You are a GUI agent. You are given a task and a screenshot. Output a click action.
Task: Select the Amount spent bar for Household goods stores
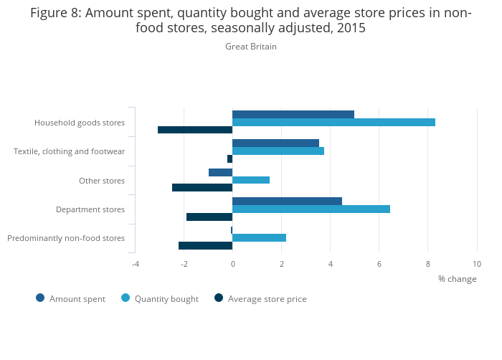click(x=293, y=114)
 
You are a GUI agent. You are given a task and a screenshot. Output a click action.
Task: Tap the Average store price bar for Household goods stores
click(x=195, y=130)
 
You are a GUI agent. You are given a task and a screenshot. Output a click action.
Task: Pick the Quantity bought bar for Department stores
click(x=311, y=209)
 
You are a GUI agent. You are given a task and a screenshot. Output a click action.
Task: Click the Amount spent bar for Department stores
click(x=287, y=201)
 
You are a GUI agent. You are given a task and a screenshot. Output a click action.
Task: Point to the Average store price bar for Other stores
click(x=202, y=187)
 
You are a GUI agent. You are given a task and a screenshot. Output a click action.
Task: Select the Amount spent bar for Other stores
click(x=221, y=172)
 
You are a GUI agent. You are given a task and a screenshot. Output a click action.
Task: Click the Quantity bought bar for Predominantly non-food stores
click(x=259, y=237)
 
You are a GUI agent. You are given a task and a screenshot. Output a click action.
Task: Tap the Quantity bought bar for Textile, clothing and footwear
click(x=278, y=151)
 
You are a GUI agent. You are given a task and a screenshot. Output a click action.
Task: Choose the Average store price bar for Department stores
click(x=209, y=217)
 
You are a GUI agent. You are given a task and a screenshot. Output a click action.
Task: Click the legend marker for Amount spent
click(x=40, y=298)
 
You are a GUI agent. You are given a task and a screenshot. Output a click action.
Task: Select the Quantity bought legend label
click(x=166, y=299)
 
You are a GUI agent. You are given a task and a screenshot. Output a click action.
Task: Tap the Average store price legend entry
click(x=267, y=299)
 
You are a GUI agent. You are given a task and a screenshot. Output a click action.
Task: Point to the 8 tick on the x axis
click(x=428, y=264)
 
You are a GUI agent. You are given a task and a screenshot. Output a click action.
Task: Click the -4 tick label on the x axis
click(x=135, y=264)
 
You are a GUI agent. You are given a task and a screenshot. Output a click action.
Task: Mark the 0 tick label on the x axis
click(x=233, y=264)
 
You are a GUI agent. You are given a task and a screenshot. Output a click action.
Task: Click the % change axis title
click(x=457, y=279)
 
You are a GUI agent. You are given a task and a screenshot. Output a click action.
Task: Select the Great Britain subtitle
click(x=251, y=47)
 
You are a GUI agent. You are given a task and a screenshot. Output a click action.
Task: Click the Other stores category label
click(x=102, y=181)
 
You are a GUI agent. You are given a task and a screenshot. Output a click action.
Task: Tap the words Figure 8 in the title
click(x=55, y=12)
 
